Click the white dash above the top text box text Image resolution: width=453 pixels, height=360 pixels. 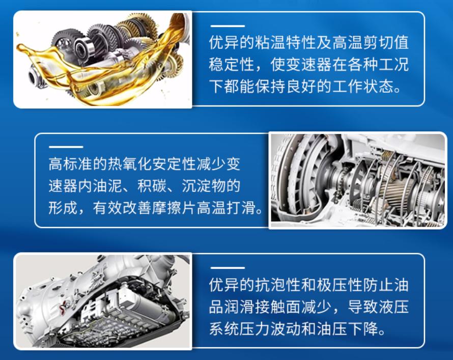pyautogui.click(x=227, y=26)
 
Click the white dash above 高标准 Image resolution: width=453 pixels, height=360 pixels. pyautogui.click(x=66, y=147)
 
